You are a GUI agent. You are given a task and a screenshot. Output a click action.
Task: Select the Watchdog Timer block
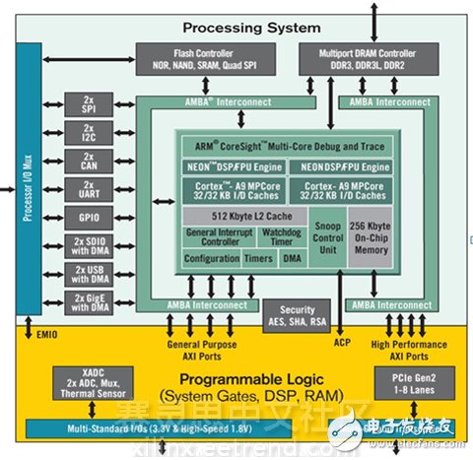(x=265, y=237)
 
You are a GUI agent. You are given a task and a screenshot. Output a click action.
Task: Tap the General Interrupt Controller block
(x=212, y=237)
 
